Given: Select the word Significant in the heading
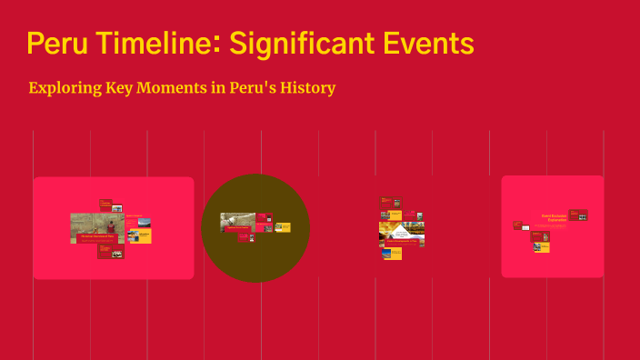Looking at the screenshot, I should (307, 43).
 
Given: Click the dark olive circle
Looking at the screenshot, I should (255, 264).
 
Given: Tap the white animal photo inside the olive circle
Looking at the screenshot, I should (236, 221).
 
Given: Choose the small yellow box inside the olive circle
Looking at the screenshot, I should (283, 227).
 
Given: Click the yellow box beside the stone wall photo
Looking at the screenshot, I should (140, 235).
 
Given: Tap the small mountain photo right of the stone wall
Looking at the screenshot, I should (145, 221).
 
